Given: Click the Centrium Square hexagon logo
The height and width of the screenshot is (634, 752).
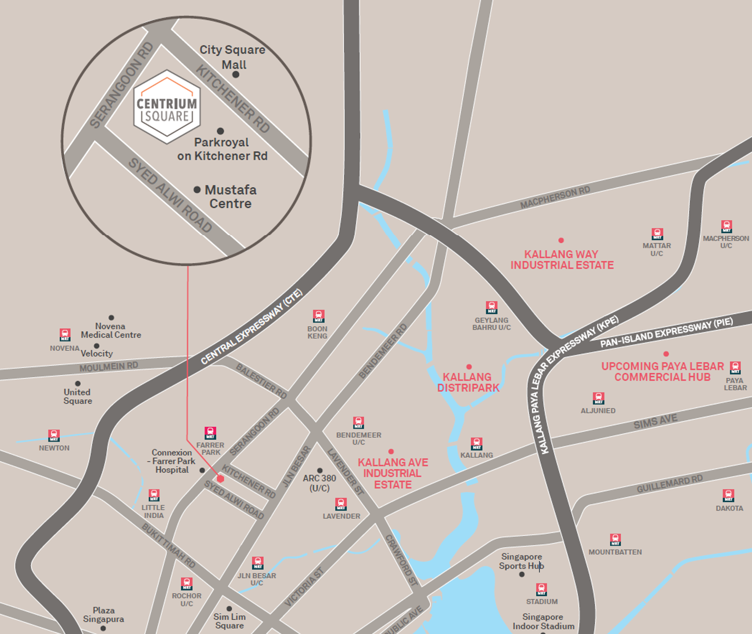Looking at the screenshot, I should click(167, 107).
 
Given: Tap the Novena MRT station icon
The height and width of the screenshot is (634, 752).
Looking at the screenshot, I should click(65, 335).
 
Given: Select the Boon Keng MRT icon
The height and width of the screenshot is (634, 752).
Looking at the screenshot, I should click(319, 316).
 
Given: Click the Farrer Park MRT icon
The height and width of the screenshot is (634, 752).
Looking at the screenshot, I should click(210, 433).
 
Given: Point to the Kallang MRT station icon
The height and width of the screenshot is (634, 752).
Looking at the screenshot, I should click(476, 444).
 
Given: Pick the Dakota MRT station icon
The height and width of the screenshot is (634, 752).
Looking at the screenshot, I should click(728, 495).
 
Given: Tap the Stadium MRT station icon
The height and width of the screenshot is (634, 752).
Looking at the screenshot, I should click(541, 589).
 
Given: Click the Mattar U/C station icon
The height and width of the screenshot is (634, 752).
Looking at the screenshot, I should click(657, 234).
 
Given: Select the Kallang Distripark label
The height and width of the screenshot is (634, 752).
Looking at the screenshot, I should click(468, 382).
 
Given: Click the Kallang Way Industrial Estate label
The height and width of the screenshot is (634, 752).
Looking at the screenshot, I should click(562, 260).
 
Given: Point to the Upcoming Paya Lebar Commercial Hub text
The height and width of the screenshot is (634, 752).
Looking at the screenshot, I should click(662, 371).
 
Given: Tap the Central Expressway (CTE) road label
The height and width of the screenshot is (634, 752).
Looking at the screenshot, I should click(251, 327).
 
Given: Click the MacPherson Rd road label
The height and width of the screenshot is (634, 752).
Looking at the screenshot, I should click(555, 197).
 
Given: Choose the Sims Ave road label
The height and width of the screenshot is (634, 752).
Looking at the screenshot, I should click(655, 421).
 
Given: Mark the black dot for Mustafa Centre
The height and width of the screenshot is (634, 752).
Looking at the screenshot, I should click(197, 190).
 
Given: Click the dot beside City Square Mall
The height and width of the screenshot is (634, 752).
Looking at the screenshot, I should click(236, 74).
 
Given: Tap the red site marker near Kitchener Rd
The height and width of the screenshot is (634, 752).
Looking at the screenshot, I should click(221, 479).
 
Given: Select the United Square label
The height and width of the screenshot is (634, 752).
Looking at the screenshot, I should click(77, 396).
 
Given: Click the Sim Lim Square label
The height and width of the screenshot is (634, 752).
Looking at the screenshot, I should click(229, 621).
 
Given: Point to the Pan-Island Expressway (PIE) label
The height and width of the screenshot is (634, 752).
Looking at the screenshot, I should click(666, 332).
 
